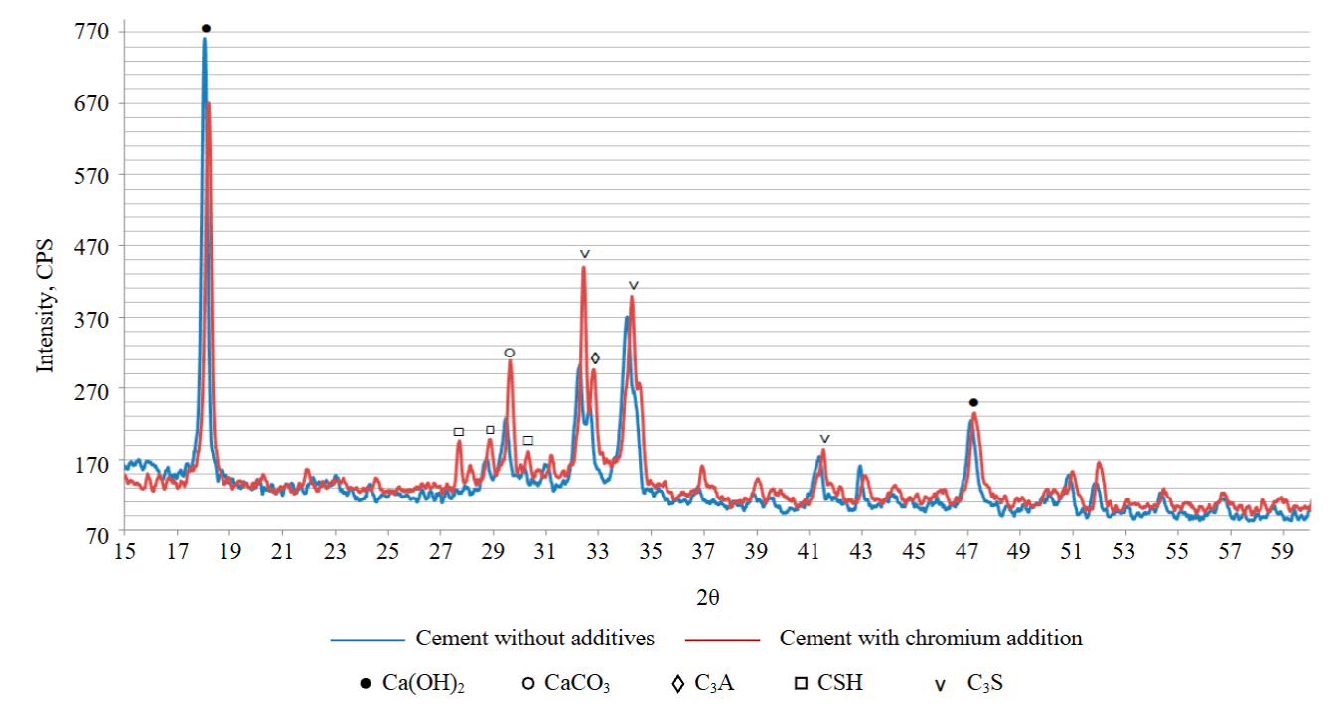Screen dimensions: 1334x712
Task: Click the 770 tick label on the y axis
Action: pyautogui.click(x=91, y=31)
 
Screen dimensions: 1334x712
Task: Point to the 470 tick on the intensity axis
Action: pyautogui.click(x=91, y=247)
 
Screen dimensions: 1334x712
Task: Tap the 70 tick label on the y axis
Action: pyautogui.click(x=97, y=536)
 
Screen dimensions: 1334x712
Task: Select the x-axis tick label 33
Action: pyautogui.click(x=597, y=552)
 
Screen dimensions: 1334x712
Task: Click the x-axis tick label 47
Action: pyautogui.click(x=966, y=552)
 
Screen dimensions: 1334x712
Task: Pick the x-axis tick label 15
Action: pyautogui.click(x=124, y=552)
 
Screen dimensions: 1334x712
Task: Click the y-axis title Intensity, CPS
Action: pyautogui.click(x=45, y=306)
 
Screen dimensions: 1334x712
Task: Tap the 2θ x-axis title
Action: pyautogui.click(x=708, y=597)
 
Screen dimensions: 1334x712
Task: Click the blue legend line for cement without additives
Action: pyautogui.click(x=369, y=640)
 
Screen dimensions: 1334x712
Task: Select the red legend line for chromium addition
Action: pyautogui.click(x=722, y=640)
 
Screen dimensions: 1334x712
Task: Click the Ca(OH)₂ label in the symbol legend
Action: pyautogui.click(x=423, y=683)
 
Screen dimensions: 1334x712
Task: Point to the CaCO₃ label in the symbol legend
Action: pyautogui.click(x=577, y=683)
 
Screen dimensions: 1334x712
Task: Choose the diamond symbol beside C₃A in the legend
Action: pyautogui.click(x=677, y=684)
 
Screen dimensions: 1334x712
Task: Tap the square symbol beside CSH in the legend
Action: pyautogui.click(x=801, y=683)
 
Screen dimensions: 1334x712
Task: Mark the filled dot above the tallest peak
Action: pyautogui.click(x=206, y=28)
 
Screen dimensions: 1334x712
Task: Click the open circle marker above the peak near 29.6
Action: pyautogui.click(x=510, y=354)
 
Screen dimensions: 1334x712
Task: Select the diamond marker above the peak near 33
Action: pyautogui.click(x=595, y=358)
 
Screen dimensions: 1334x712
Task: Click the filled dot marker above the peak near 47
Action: pyautogui.click(x=973, y=402)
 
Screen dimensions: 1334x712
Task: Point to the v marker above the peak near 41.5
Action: pyautogui.click(x=824, y=439)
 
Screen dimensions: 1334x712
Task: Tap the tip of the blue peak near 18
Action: pyautogui.click(x=205, y=38)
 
